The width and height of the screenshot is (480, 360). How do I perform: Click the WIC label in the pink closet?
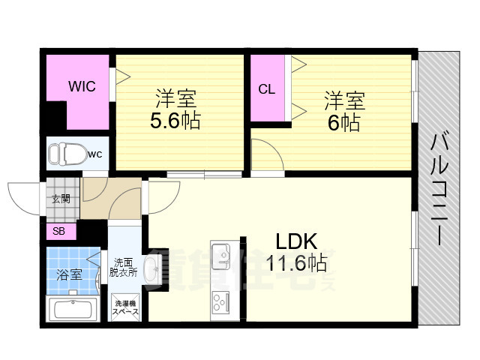82,86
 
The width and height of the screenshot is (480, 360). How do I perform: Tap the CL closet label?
266,89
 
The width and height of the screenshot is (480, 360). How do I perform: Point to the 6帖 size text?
344,121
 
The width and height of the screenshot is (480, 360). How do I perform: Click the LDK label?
297,241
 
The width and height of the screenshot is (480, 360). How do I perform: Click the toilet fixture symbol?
65,155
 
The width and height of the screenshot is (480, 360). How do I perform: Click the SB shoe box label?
58,231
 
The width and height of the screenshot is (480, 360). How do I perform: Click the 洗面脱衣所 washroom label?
124,268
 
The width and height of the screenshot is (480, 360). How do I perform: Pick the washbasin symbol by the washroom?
150,268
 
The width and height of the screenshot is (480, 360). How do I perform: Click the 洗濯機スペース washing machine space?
124,307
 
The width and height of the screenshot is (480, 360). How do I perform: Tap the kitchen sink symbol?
222,255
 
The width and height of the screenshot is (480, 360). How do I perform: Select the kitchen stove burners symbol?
222,302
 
